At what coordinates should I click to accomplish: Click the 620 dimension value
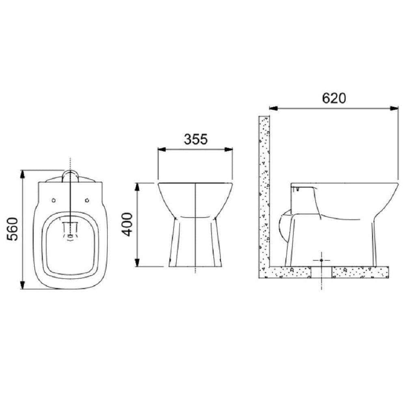(334, 98)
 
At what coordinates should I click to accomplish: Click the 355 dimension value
(196, 139)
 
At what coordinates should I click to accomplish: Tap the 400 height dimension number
(127, 225)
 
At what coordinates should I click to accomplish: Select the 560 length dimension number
(13, 229)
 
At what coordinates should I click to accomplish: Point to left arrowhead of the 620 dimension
(273, 108)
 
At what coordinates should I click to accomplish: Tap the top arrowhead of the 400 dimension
(138, 187)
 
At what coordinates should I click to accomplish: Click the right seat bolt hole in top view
(87, 200)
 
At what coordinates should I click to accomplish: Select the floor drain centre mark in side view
(321, 259)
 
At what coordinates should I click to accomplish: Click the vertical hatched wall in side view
(264, 195)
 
